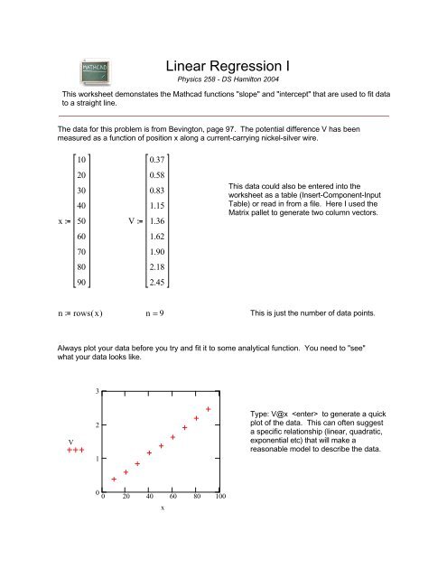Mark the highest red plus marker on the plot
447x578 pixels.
[209, 409]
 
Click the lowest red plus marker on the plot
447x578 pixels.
[114, 480]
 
